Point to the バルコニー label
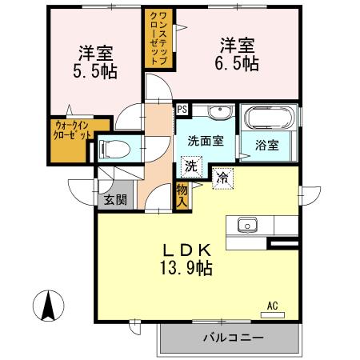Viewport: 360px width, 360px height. [233, 338]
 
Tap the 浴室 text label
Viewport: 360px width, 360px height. [266, 146]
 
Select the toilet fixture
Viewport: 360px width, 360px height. [115, 149]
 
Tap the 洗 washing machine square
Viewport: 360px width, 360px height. [190, 166]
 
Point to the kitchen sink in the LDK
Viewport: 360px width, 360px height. [245, 223]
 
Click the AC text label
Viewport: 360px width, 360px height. [272, 305]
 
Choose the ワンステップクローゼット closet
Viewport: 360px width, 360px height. [155, 36]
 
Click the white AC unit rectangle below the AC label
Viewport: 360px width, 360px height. [272, 314]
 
